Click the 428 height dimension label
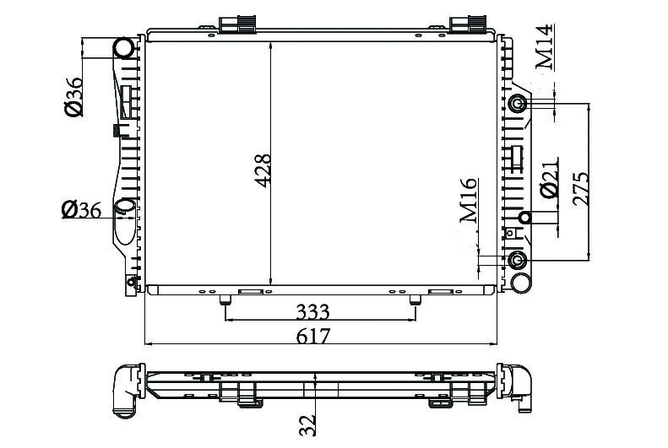263,170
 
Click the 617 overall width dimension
313,336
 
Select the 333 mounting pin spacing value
313,312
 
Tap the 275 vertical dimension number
581,189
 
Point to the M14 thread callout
546,46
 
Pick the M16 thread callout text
469,201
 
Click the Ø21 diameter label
549,178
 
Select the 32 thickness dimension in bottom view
307,425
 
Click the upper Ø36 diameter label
73,96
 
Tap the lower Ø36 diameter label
81,210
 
